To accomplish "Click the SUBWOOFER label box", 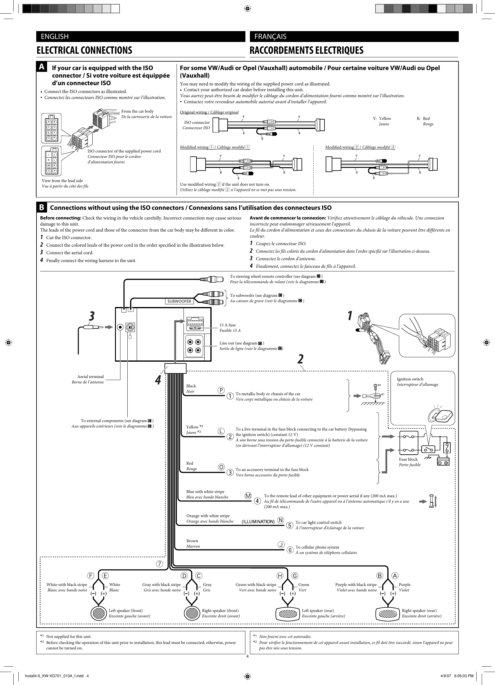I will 179,301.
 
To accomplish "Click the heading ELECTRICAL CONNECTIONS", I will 84,50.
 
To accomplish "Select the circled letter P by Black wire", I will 221,390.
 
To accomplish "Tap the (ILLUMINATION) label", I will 258,521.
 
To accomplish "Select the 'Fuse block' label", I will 408,459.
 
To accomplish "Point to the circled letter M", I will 248,496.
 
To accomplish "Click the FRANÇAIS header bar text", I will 270,37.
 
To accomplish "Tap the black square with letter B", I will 42,207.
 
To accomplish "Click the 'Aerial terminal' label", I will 90,376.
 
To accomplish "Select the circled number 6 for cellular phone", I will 290,550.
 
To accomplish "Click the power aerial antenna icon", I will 432,501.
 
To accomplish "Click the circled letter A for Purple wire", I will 395,575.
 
